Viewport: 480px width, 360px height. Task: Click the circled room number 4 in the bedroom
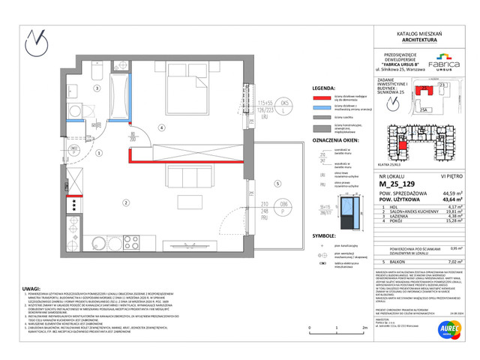(x=160, y=127)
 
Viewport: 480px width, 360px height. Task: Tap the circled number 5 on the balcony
(x=277, y=182)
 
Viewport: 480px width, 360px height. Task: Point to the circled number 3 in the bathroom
(x=97, y=88)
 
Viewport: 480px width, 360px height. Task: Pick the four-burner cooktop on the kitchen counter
(x=73, y=204)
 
